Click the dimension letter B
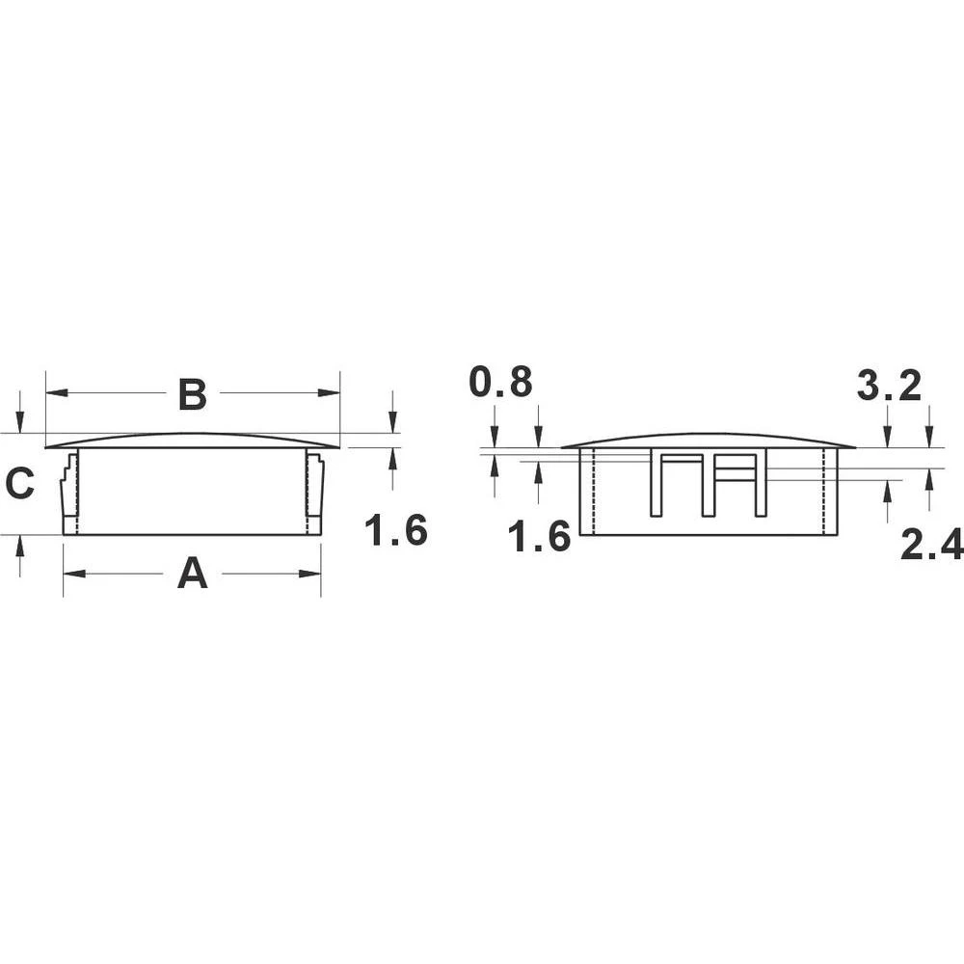(x=193, y=394)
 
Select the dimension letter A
(x=193, y=575)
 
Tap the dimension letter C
(x=20, y=484)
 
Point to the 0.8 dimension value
(x=500, y=383)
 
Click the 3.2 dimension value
(x=889, y=387)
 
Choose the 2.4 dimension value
(x=931, y=547)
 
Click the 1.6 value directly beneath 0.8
(x=540, y=537)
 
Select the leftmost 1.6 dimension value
(x=396, y=531)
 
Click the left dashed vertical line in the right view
(x=595, y=492)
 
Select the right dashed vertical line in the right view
(x=824, y=492)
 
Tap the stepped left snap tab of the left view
(x=68, y=492)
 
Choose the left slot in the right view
(x=673, y=482)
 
